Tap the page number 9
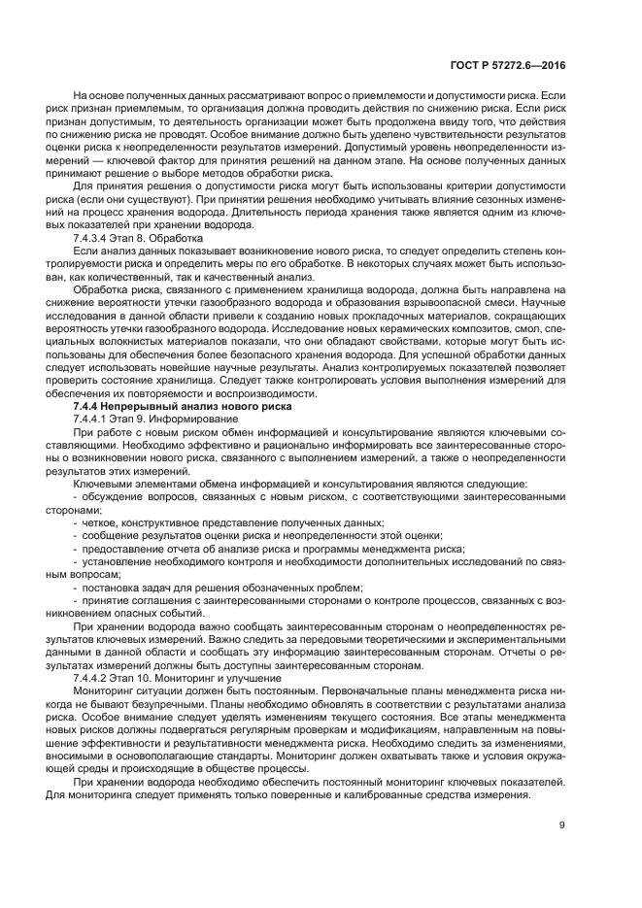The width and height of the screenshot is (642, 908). click(x=562, y=826)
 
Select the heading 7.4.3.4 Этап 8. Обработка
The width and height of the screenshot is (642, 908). click(x=137, y=237)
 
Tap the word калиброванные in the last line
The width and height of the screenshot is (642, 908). click(x=383, y=794)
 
